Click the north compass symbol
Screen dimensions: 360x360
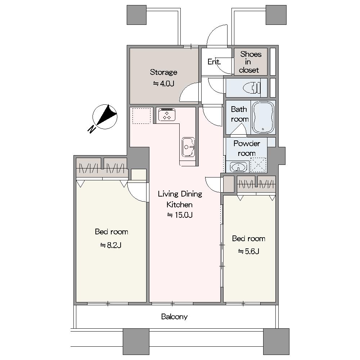click(105, 117)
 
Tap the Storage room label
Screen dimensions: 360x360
click(163, 72)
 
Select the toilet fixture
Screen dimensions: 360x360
click(252, 88)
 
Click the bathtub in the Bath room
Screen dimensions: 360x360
click(263, 117)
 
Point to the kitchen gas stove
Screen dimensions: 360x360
click(167, 114)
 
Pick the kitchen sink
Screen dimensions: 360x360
click(188, 147)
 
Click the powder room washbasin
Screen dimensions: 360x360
click(238, 167)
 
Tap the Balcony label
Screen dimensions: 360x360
click(174, 316)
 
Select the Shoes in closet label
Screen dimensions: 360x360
click(250, 62)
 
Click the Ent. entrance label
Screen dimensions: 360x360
click(214, 62)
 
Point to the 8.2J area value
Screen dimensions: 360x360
click(111, 246)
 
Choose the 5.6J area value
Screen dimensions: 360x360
click(249, 251)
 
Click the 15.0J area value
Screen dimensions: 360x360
click(180, 215)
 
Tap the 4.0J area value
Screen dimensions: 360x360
click(163, 84)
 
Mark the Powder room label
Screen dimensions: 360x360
click(247, 148)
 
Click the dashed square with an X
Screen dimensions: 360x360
click(258, 165)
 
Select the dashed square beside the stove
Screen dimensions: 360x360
click(141, 116)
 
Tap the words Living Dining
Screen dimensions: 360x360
click(180, 194)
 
